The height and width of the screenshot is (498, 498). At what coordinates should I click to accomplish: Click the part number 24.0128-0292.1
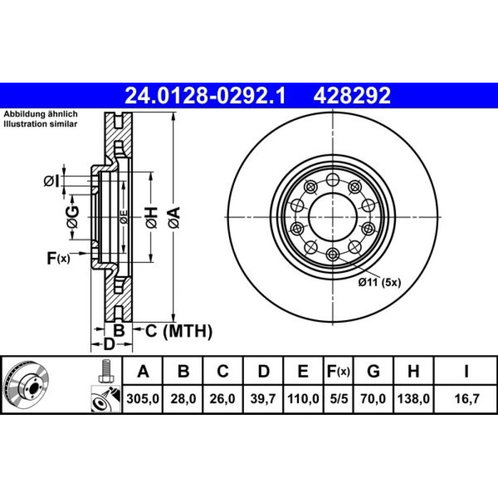tap(205, 96)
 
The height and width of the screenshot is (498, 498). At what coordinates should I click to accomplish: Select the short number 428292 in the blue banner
tap(352, 96)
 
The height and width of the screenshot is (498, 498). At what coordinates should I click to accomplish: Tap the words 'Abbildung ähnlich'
tap(40, 114)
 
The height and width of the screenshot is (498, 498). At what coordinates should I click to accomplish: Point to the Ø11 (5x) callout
tap(379, 282)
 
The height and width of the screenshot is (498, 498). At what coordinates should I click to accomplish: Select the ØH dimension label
tap(151, 218)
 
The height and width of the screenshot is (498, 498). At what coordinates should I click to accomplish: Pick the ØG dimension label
tap(73, 217)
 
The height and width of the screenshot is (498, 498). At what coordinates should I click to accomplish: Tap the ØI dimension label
tap(51, 181)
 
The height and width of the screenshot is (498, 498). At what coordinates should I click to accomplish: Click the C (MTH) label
tap(178, 331)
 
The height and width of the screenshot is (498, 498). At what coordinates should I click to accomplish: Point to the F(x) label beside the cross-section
tap(58, 258)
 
